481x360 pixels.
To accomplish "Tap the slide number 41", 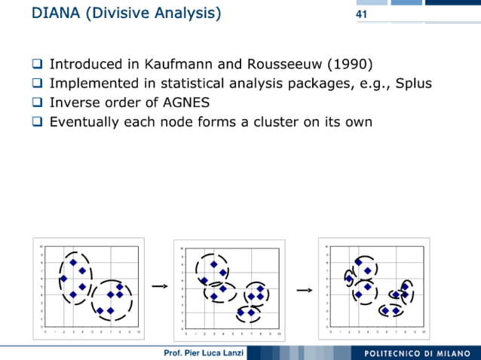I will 360,14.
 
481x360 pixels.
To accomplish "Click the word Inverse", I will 75,102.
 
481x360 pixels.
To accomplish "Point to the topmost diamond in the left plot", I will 73,262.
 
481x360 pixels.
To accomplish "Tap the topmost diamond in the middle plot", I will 214,264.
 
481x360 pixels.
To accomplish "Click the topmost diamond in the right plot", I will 358,262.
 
